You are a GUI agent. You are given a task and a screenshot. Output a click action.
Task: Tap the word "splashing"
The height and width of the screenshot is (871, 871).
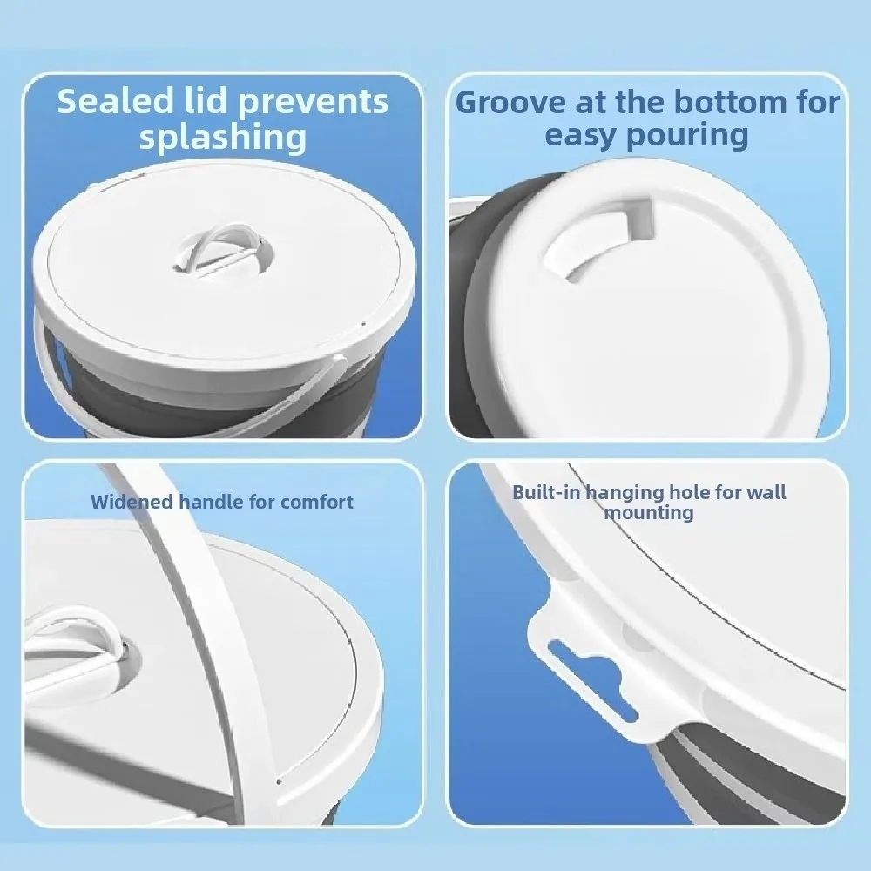pyautogui.click(x=223, y=137)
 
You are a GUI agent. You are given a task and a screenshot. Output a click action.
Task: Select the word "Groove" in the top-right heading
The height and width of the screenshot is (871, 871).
pyautogui.click(x=510, y=102)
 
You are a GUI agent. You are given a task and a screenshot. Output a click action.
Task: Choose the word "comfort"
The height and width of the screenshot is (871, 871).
pyautogui.click(x=317, y=502)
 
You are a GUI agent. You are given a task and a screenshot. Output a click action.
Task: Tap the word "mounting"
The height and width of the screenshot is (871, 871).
pyautogui.click(x=649, y=512)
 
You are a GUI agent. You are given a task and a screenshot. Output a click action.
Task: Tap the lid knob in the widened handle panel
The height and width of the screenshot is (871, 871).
pyautogui.click(x=83, y=649)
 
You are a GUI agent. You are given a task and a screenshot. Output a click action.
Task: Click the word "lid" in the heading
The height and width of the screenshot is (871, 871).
pyautogui.click(x=203, y=102)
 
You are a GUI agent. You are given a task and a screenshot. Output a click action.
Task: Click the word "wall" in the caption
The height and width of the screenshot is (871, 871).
pyautogui.click(x=764, y=493)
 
